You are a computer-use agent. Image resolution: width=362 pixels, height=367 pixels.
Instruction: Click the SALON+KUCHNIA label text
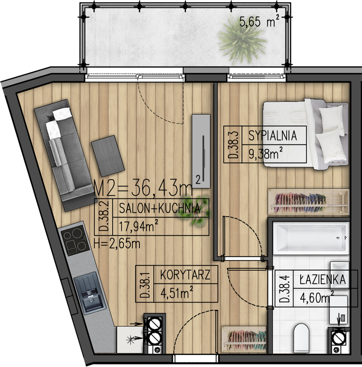(x=160, y=208)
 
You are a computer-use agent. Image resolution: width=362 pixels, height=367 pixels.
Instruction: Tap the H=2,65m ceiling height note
(x=117, y=244)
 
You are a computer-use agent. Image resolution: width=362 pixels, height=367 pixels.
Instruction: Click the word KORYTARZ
(x=185, y=275)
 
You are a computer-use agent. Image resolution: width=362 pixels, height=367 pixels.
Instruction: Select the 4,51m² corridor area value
(x=177, y=293)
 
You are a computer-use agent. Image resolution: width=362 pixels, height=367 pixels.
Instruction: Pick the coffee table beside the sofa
(x=108, y=156)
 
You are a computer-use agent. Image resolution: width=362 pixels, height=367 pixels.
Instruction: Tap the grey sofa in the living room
(x=64, y=155)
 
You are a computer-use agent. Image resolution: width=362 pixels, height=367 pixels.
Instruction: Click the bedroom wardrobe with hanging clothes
(x=309, y=202)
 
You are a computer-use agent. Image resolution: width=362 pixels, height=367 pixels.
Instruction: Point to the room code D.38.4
(x=284, y=288)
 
